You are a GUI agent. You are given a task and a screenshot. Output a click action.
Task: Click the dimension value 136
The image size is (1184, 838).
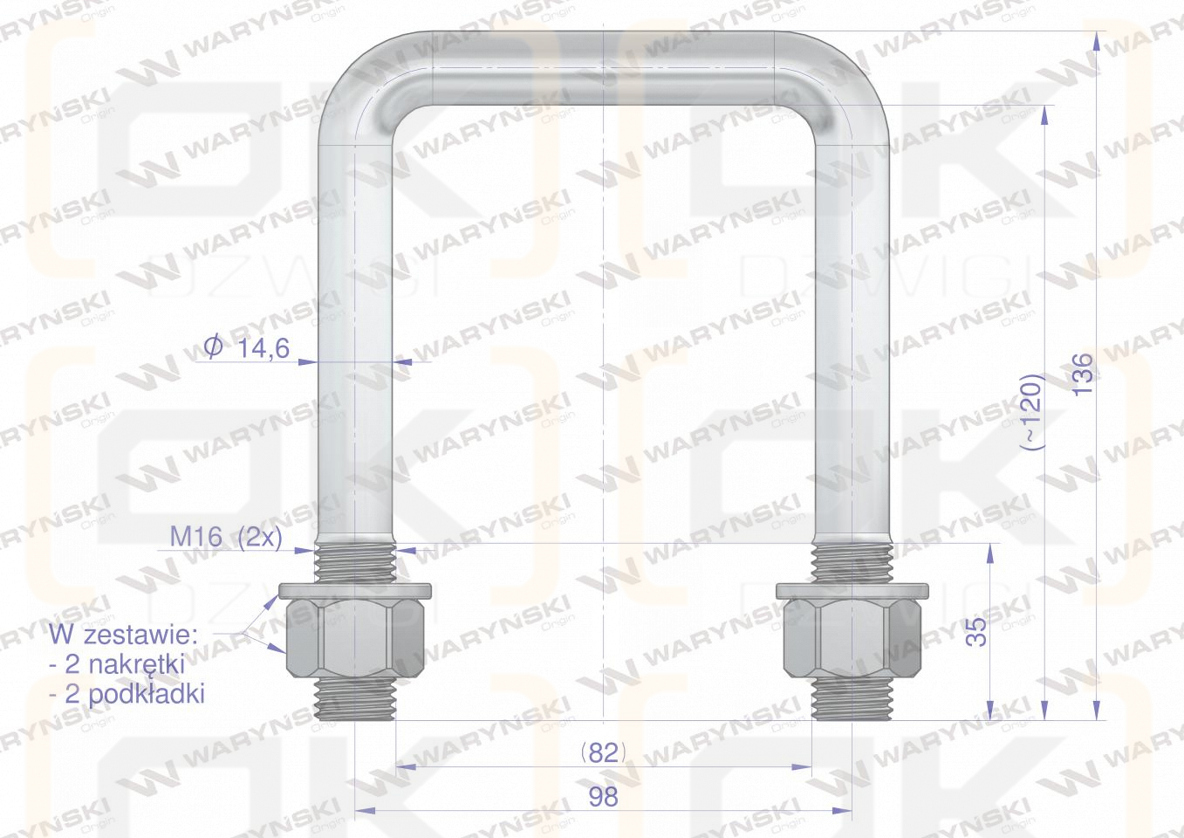pyautogui.click(x=1083, y=374)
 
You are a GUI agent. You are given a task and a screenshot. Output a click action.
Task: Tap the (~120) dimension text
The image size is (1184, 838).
pyautogui.click(x=1030, y=412)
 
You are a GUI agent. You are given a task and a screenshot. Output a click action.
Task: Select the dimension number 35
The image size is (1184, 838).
pyautogui.click(x=976, y=631)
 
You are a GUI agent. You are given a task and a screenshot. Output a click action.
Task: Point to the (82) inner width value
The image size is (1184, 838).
pyautogui.click(x=603, y=752)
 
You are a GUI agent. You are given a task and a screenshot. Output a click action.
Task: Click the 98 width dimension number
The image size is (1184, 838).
pyautogui.click(x=603, y=796)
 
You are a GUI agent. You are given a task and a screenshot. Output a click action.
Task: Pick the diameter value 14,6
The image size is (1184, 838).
pyautogui.click(x=263, y=348)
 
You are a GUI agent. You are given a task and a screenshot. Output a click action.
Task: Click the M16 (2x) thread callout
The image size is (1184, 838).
pyautogui.click(x=226, y=538)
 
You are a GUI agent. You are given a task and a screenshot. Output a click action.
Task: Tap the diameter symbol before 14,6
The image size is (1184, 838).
pyautogui.click(x=214, y=348)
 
